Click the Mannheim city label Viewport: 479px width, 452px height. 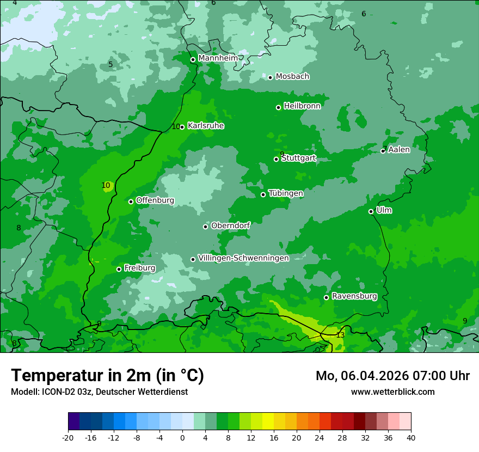tap(218, 58)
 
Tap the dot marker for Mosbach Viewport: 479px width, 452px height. tap(270, 77)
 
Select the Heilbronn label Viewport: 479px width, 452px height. tap(302, 106)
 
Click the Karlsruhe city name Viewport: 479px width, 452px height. tap(206, 126)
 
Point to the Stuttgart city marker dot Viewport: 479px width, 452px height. tap(276, 159)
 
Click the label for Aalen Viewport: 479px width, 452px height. tap(399, 150)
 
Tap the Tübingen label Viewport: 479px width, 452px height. tap(286, 193)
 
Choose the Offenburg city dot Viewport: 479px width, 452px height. tap(131, 201)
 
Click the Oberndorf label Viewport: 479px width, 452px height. tap(231, 225)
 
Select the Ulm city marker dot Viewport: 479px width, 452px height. tap(371, 211)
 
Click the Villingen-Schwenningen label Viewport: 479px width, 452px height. tap(243, 258)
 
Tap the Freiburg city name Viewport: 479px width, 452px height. tap(140, 268)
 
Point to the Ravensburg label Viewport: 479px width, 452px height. tap(354, 296)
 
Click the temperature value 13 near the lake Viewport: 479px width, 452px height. tap(340, 335)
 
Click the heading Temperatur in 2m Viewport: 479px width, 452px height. tap(107, 376)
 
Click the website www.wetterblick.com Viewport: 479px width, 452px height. tap(392, 392)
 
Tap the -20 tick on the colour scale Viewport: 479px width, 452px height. tap(68, 437)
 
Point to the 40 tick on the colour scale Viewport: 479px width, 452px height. tap(410, 437)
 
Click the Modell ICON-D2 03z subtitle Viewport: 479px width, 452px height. tap(99, 392)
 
